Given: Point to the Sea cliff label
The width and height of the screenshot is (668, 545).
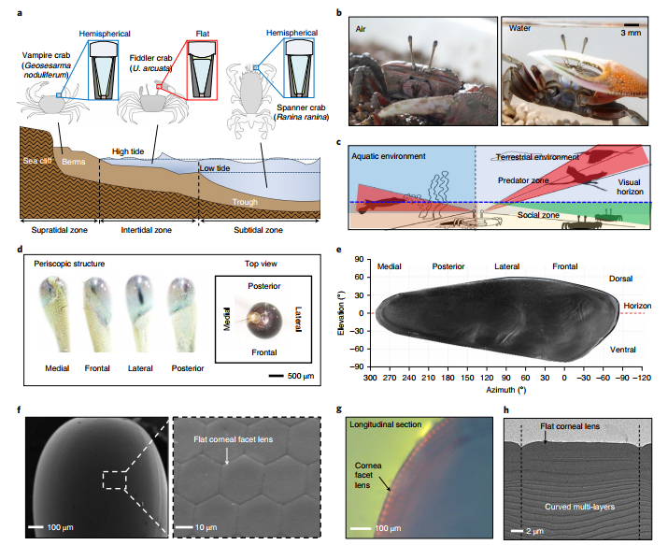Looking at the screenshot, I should [x=37, y=161].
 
